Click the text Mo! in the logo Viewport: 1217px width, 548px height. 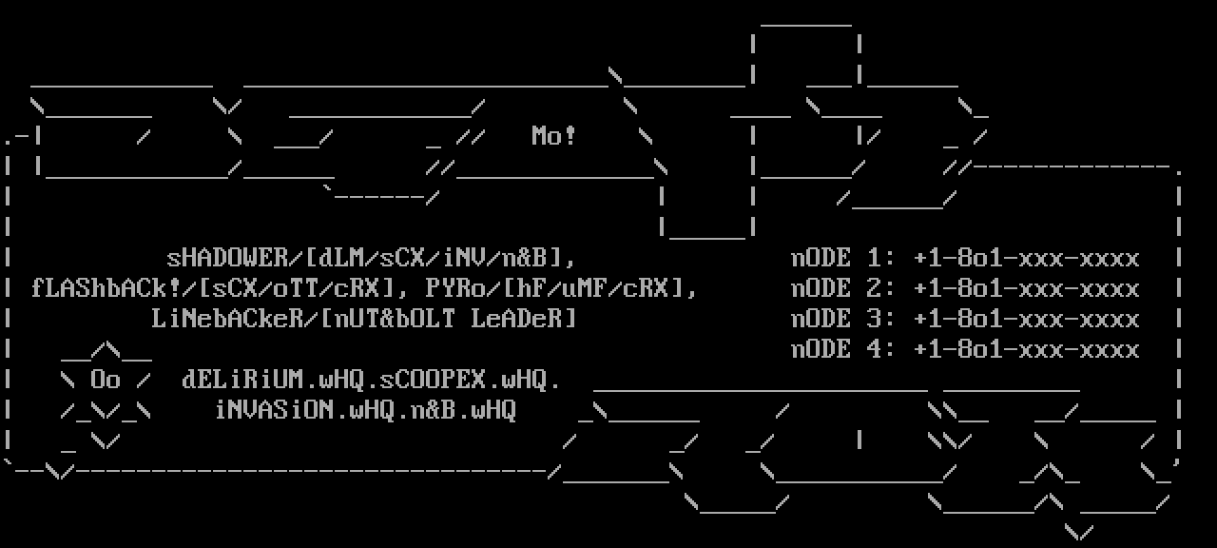click(553, 136)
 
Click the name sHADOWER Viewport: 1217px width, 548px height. click(227, 258)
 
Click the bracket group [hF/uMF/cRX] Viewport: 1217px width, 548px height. click(599, 288)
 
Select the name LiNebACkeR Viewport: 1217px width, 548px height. click(227, 319)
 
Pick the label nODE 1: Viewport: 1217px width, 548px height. click(842, 258)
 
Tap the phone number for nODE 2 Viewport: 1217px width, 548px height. click(1026, 288)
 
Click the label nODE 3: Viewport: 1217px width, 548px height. click(842, 319)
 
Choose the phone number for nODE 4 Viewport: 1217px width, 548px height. click(1026, 349)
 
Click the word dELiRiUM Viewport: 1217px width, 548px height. click(242, 380)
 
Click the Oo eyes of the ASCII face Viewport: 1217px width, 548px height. click(106, 380)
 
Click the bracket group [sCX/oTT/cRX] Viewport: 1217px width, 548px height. click(303, 288)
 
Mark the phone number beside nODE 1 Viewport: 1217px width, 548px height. click(1026, 258)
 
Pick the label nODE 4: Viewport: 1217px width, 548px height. click(842, 349)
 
